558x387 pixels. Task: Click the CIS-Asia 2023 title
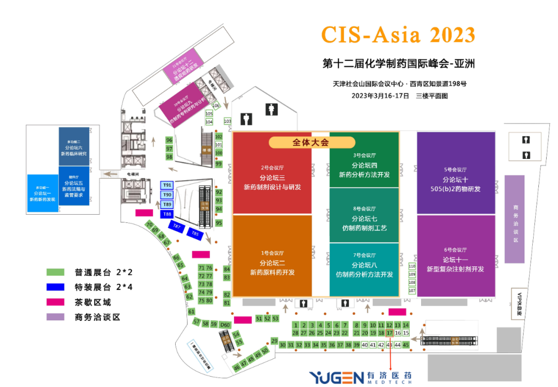point(398,35)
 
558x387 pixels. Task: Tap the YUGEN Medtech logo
point(361,377)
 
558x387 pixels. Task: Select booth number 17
point(390,333)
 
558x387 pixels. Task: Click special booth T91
point(167,185)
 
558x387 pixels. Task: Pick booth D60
point(225,324)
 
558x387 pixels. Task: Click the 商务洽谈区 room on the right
point(515,219)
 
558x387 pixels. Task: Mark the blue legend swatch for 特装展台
point(55,287)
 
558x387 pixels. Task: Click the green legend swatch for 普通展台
point(55,272)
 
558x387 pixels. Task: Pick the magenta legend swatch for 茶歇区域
point(55,302)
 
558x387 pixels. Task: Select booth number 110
point(412,267)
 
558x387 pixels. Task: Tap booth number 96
point(169,140)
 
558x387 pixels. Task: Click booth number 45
point(406,345)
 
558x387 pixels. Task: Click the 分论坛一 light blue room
point(42,193)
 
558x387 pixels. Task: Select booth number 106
point(216,105)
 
